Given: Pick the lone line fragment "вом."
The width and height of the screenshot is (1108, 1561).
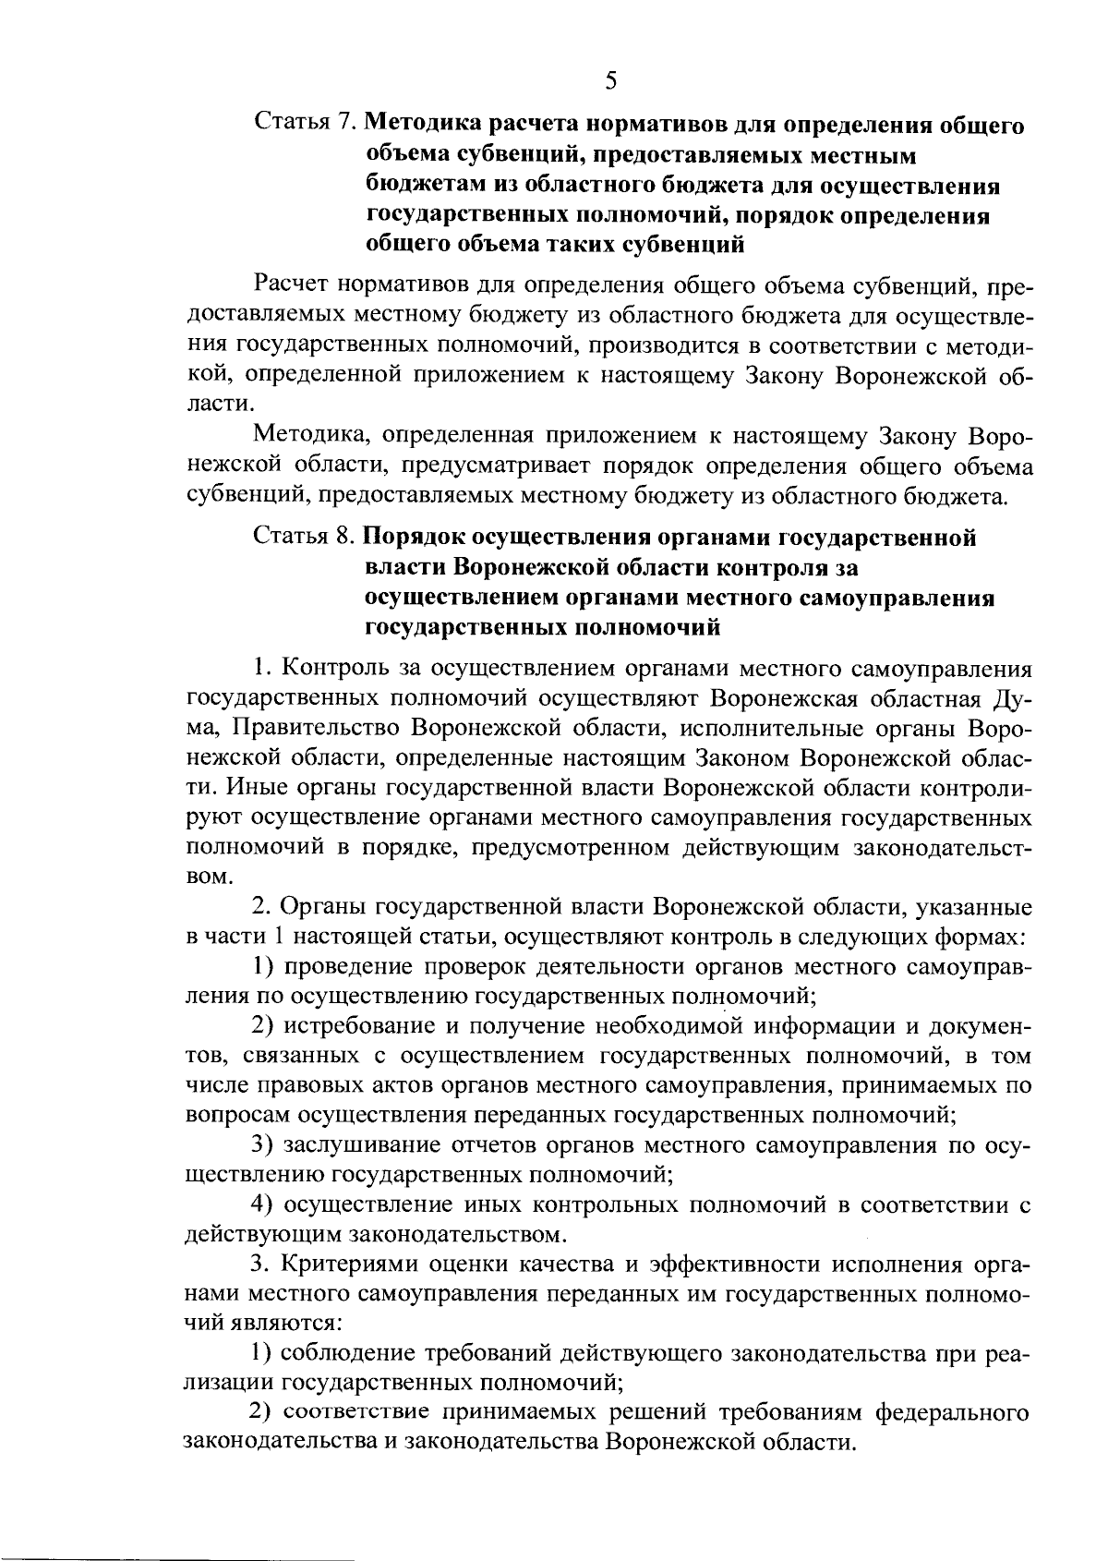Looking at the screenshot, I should pyautogui.click(x=204, y=877).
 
